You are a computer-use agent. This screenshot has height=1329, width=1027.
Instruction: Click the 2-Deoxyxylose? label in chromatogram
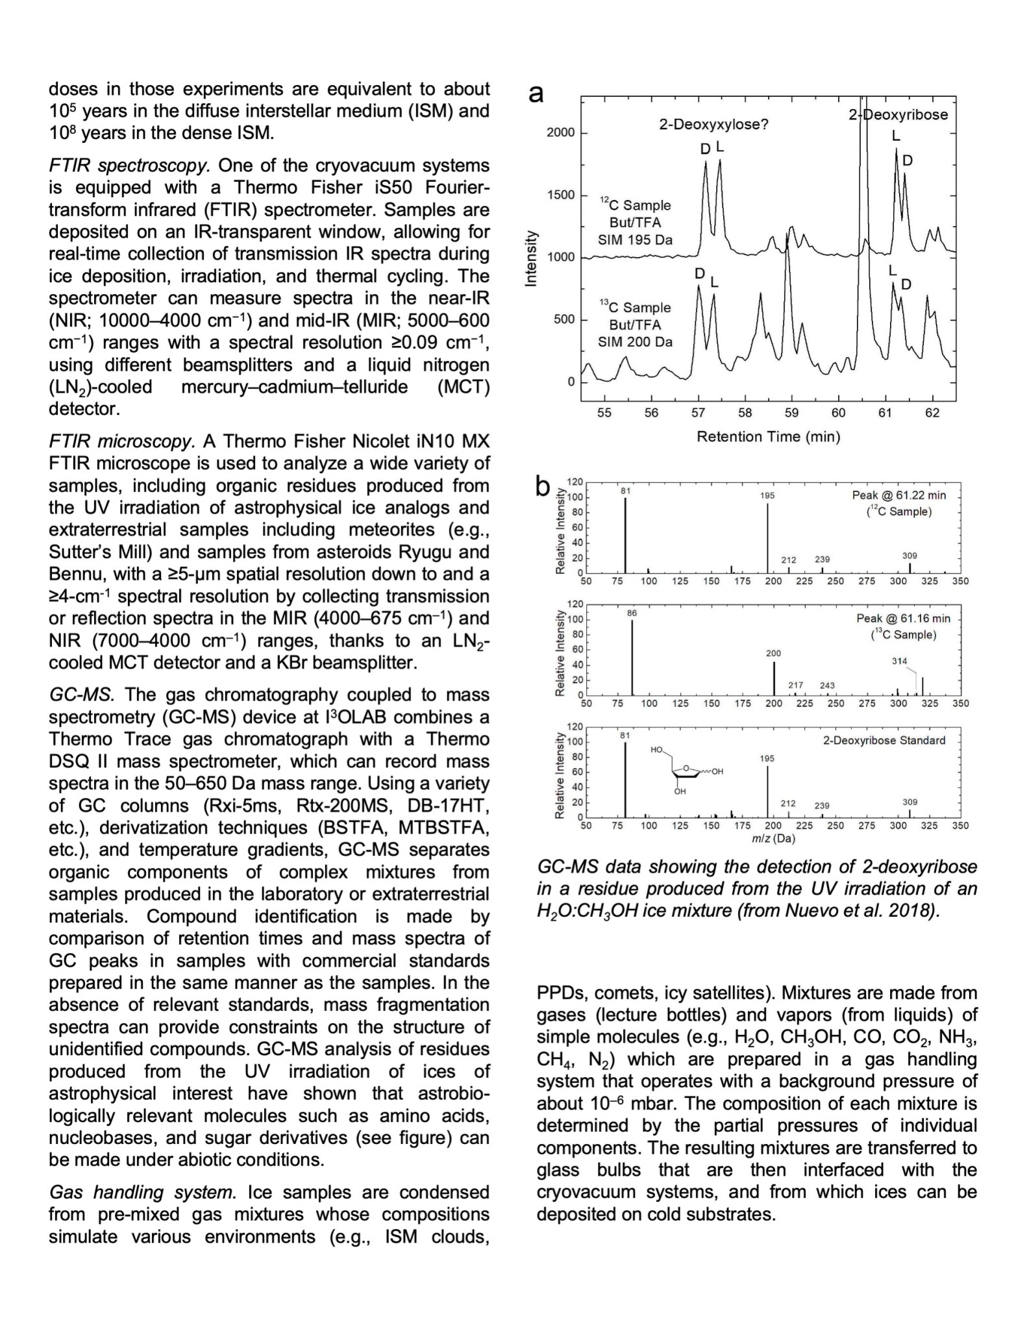click(713, 125)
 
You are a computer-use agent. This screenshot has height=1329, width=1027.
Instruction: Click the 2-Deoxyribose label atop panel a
click(898, 115)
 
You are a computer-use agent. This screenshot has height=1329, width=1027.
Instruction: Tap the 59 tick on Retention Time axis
click(791, 413)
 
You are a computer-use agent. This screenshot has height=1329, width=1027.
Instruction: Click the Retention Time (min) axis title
click(768, 437)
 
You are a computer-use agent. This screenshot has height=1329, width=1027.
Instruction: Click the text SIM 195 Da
click(635, 240)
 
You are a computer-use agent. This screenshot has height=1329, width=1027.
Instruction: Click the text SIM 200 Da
click(635, 342)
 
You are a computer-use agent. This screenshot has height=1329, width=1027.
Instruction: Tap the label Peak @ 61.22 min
click(898, 495)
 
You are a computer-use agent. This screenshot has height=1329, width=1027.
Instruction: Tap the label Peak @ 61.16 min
click(902, 618)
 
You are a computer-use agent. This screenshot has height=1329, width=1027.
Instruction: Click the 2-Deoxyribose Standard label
click(884, 740)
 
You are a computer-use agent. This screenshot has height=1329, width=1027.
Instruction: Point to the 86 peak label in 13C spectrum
click(632, 613)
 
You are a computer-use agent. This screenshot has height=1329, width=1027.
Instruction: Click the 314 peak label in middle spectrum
click(899, 661)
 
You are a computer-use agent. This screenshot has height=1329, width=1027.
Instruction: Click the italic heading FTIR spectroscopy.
click(129, 166)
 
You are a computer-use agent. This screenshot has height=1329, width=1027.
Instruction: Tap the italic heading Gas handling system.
click(143, 1192)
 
